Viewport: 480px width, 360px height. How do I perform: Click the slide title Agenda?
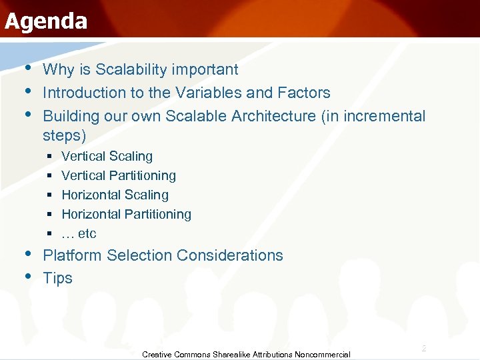[45, 21]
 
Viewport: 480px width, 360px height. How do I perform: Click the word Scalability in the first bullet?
[133, 70]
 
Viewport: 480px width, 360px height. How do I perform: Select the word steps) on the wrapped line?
[65, 136]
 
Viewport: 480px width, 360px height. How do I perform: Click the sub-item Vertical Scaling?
[107, 157]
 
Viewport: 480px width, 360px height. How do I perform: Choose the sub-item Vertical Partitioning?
[119, 176]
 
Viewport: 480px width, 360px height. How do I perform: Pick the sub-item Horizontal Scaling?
[115, 195]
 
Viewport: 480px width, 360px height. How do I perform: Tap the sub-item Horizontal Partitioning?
[126, 215]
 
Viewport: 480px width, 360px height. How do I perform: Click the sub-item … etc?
[79, 234]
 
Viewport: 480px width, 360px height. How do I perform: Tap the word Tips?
[57, 279]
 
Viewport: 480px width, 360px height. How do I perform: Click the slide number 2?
[423, 349]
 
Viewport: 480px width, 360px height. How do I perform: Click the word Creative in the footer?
[157, 355]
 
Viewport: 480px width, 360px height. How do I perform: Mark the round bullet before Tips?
[27, 276]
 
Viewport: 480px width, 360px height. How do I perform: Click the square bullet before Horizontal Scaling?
[50, 195]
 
